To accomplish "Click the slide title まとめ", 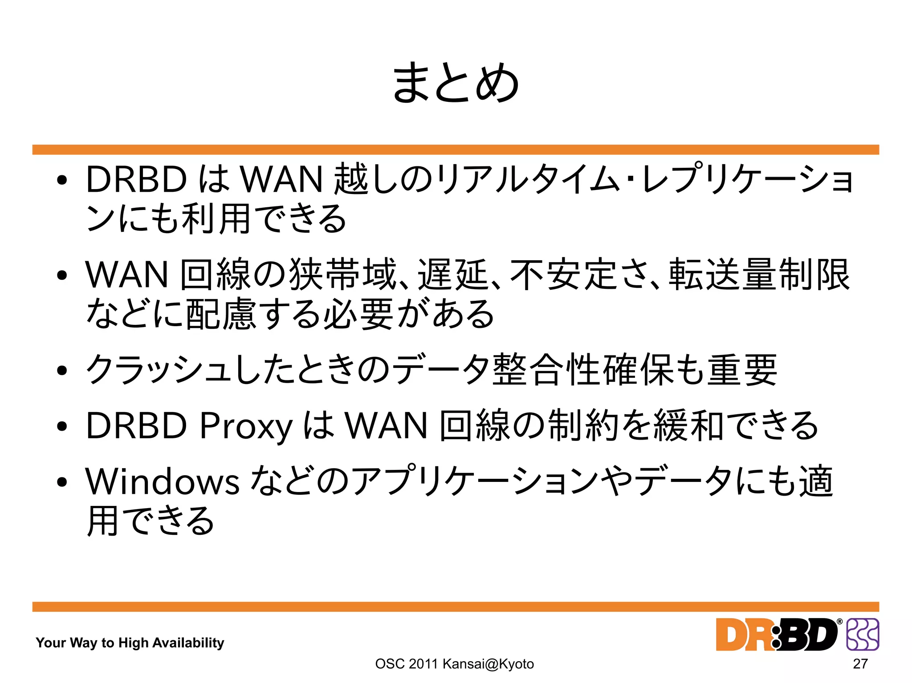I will pyautogui.click(x=456, y=83).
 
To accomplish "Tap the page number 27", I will pyautogui.click(x=860, y=663).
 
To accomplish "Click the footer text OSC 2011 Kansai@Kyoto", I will pyautogui.click(x=454, y=663).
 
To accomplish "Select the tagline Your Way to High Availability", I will pyautogui.click(x=130, y=643).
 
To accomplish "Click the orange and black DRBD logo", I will pyautogui.click(x=777, y=635).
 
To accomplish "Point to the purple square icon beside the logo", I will pyautogui.click(x=863, y=634).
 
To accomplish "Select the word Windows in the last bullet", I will pyautogui.click(x=163, y=481).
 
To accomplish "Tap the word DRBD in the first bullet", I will pyautogui.click(x=136, y=179).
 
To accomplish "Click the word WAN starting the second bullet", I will pyautogui.click(x=127, y=275).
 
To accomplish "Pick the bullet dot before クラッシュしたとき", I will pyautogui.click(x=62, y=370).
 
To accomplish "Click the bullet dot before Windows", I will pyautogui.click(x=62, y=481).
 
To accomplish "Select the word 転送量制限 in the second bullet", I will pyautogui.click(x=759, y=275).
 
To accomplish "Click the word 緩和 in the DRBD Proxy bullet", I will pyautogui.click(x=688, y=426).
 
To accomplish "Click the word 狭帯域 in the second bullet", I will pyautogui.click(x=342, y=275).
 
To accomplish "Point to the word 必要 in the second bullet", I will pyautogui.click(x=358, y=314).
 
